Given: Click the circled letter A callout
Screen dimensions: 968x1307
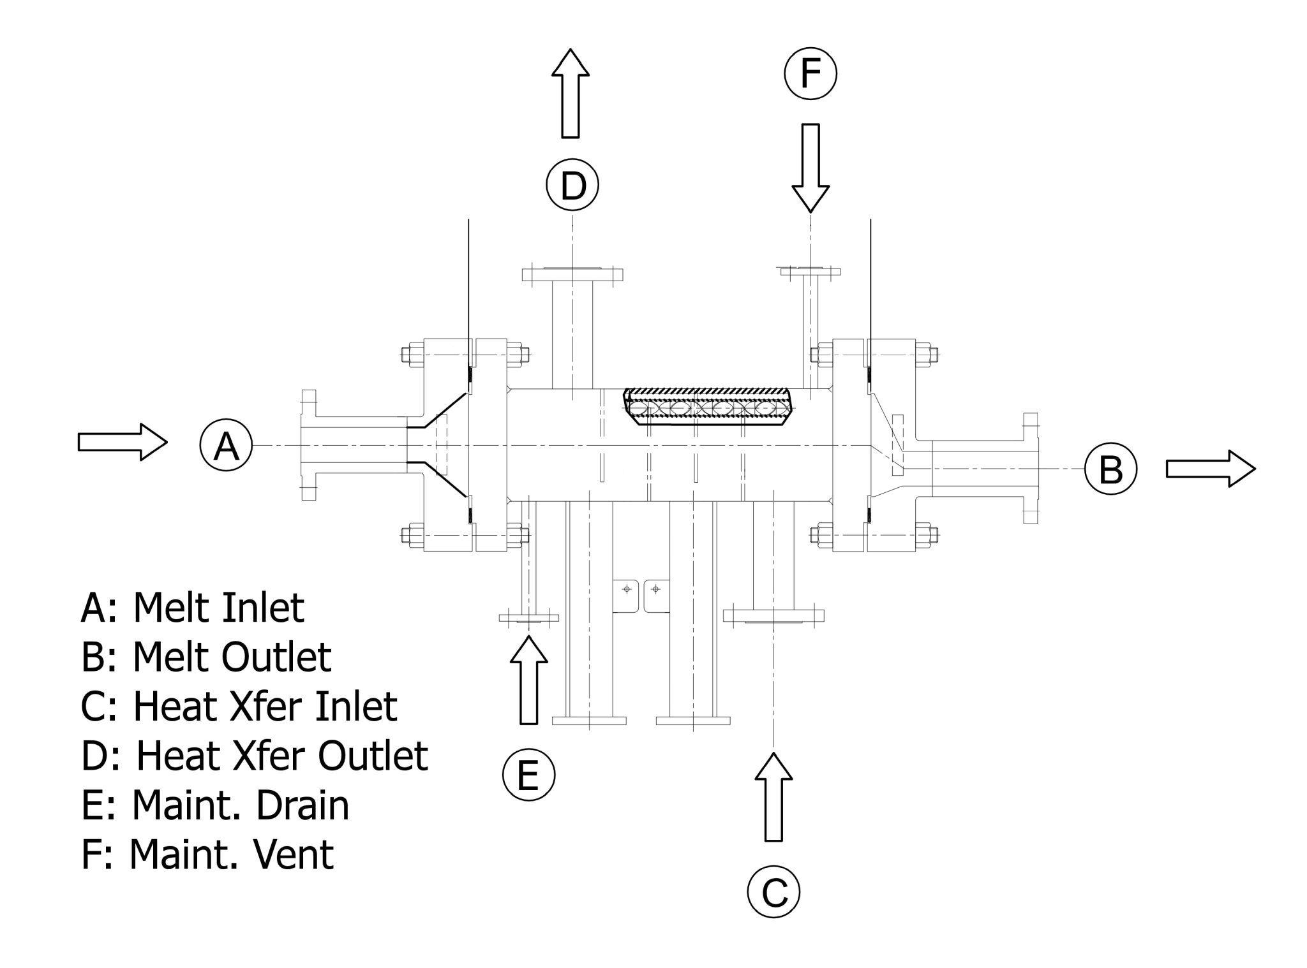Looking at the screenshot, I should pyautogui.click(x=226, y=444).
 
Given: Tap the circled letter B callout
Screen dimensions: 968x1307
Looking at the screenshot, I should pyautogui.click(x=1110, y=469).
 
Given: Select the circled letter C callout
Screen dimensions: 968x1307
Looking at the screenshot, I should pyautogui.click(x=773, y=891).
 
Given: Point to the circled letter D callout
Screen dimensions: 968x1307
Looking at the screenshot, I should pyautogui.click(x=572, y=185).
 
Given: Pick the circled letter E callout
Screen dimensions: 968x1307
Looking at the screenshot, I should pyautogui.click(x=528, y=775).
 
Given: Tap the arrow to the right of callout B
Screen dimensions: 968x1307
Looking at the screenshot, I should pyautogui.click(x=1210, y=469).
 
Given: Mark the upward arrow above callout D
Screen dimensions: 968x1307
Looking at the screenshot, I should pyautogui.click(x=570, y=93).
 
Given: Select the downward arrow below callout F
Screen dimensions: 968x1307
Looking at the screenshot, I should pyautogui.click(x=810, y=167).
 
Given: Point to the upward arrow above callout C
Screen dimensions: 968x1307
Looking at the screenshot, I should pyautogui.click(x=773, y=797).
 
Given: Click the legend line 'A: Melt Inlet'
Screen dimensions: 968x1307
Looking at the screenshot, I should pyautogui.click(x=193, y=608).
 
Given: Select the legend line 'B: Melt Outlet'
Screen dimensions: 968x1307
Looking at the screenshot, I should pyautogui.click(x=206, y=657).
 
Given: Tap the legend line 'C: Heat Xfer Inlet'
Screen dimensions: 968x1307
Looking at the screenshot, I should pyautogui.click(x=239, y=706).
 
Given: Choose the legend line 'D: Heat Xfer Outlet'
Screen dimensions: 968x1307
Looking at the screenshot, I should pyautogui.click(x=255, y=756).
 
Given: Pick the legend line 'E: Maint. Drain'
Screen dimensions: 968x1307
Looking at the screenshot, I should pyautogui.click(x=215, y=805).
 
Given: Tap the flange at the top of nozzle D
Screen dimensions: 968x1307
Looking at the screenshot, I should pyautogui.click(x=572, y=274).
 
